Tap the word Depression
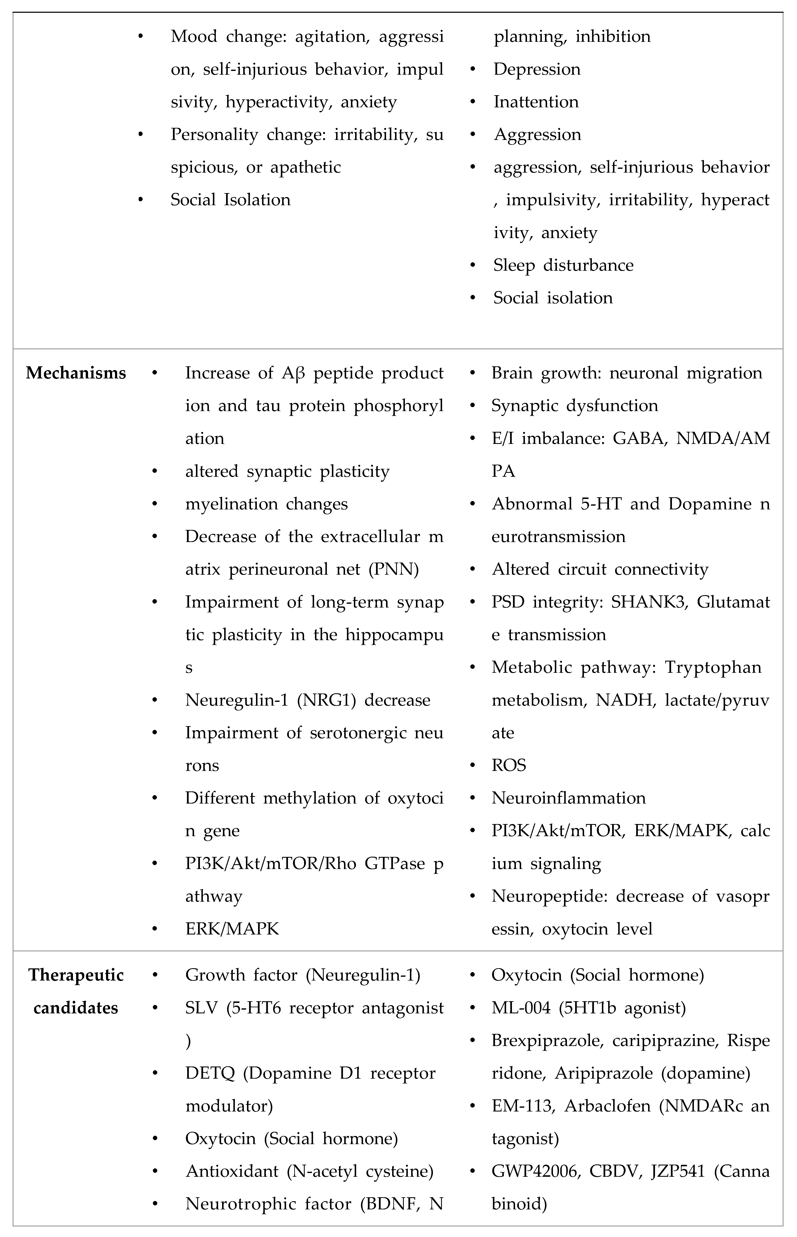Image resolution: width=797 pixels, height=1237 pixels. pos(537,69)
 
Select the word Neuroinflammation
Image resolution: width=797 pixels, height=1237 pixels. pos(568,798)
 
